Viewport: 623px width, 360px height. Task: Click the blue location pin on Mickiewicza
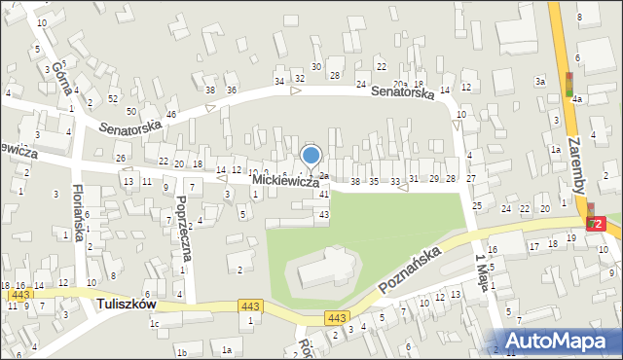[x=311, y=156]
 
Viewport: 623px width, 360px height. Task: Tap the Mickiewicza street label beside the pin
[x=284, y=182]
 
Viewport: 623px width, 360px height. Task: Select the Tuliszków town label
[x=128, y=305]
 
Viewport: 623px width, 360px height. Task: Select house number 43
[x=324, y=214]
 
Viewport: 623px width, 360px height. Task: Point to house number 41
[x=324, y=195]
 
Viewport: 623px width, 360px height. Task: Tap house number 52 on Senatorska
[x=114, y=98]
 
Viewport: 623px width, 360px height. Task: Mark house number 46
[x=171, y=115]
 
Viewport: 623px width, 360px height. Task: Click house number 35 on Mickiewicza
[x=373, y=182]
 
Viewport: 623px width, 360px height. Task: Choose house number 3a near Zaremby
[x=539, y=82]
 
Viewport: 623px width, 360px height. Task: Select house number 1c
[x=154, y=324]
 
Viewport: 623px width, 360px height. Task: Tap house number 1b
[x=181, y=351]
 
